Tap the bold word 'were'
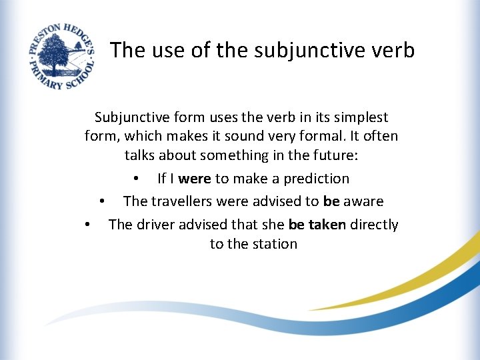click(x=195, y=179)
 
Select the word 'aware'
click(x=363, y=201)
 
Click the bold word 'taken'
click(x=327, y=225)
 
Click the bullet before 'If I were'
click(x=135, y=179)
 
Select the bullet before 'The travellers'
click(x=102, y=201)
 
